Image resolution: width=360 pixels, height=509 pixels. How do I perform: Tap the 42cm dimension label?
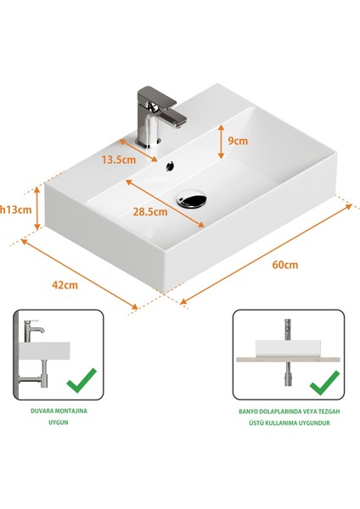point(64,285)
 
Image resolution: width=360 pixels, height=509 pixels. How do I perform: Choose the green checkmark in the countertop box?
point(323,383)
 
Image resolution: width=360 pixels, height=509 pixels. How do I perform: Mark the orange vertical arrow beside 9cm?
point(221,142)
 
